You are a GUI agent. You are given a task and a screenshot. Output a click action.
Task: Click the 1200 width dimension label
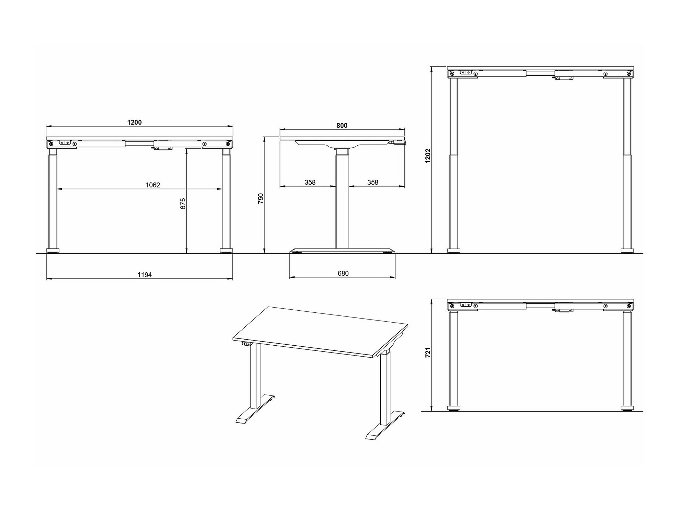[x=134, y=122]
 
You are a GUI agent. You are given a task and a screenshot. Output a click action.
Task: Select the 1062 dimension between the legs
[x=153, y=185]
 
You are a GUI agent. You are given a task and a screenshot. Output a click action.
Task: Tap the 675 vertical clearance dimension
[x=183, y=204]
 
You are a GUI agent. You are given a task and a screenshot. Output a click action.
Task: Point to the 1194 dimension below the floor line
[x=145, y=275]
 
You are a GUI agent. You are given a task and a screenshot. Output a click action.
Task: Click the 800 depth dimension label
[x=342, y=126]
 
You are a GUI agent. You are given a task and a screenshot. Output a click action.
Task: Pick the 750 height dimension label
[x=261, y=199]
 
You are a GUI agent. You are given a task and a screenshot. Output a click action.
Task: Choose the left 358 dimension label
[x=310, y=183]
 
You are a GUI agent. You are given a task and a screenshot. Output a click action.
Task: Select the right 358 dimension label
[x=373, y=183]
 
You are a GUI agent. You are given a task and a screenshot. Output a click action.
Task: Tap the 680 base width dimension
[x=343, y=273]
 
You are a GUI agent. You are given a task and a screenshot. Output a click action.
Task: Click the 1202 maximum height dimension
[x=428, y=156]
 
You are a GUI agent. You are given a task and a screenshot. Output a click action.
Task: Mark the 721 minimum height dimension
[x=428, y=352]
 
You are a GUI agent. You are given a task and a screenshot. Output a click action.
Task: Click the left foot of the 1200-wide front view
[x=53, y=251]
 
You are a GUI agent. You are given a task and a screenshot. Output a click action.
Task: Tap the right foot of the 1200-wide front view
[x=226, y=251]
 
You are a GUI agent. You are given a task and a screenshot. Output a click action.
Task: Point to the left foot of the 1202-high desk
[x=454, y=251]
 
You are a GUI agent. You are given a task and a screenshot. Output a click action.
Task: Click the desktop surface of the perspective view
[x=320, y=331]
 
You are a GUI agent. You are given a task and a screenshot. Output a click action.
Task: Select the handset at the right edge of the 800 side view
[x=400, y=142]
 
